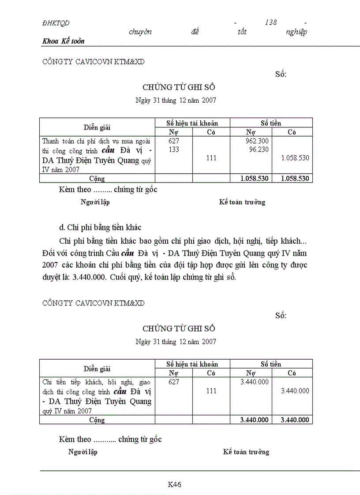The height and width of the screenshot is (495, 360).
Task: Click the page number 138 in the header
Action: pyautogui.click(x=271, y=22)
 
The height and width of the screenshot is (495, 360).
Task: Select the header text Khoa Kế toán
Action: pyautogui.click(x=64, y=41)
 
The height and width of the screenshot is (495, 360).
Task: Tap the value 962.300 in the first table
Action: pyautogui.click(x=258, y=141)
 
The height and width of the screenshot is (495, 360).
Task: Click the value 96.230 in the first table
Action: pyautogui.click(x=259, y=149)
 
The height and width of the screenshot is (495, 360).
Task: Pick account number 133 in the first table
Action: pyautogui.click(x=174, y=149)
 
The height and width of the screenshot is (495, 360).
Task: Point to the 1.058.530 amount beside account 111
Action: pyautogui.click(x=295, y=158)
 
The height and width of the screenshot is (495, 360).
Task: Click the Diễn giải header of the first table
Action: pyautogui.click(x=97, y=127)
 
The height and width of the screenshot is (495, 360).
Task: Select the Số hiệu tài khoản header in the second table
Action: pyautogui.click(x=192, y=364)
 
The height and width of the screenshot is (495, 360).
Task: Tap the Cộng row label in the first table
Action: pyautogui.click(x=97, y=179)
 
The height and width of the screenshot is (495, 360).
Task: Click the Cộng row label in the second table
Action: pyautogui.click(x=97, y=420)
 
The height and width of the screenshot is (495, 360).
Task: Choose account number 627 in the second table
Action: pyautogui.click(x=174, y=382)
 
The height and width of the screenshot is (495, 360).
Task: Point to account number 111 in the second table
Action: pyautogui.click(x=211, y=391)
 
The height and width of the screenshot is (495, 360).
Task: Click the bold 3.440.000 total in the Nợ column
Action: pyautogui.click(x=254, y=420)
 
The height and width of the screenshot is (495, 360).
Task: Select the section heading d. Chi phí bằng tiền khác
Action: pyautogui.click(x=100, y=227)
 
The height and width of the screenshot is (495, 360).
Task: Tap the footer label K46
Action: pyautogui.click(x=175, y=484)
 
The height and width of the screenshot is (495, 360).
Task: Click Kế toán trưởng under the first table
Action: pyautogui.click(x=242, y=202)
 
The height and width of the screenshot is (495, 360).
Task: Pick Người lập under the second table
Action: pyautogui.click(x=82, y=452)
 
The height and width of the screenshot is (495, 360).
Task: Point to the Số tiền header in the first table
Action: pyautogui.click(x=271, y=123)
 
